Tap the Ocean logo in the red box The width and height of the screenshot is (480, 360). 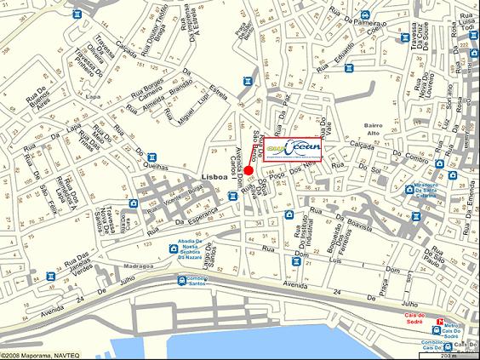pyautogui.click(x=292, y=148)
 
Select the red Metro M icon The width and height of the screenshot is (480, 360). pyautogui.click(x=439, y=323)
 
